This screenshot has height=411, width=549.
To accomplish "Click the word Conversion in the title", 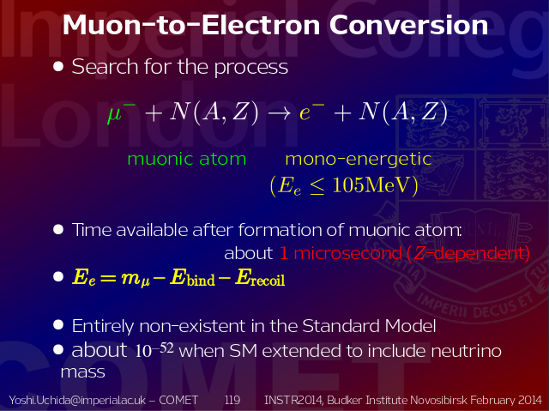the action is [408, 25].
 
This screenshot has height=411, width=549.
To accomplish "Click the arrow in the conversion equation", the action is [279, 112].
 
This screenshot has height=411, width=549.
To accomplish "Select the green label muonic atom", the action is [187, 159].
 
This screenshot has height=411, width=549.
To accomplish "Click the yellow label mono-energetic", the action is [359, 160].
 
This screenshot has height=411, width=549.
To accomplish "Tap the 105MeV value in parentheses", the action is [371, 184].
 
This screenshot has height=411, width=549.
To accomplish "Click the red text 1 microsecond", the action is [341, 253].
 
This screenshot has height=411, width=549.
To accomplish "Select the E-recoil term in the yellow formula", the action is [260, 278].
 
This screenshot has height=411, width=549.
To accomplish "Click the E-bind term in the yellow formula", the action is [192, 278].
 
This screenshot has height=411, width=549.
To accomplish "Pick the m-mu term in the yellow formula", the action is [136, 280].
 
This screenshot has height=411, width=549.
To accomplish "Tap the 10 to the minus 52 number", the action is [154, 350].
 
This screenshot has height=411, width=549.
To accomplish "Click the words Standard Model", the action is [369, 326].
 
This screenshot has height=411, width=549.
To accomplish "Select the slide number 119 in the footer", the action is [232, 400].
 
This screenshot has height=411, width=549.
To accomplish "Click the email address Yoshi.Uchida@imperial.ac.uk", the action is [77, 400].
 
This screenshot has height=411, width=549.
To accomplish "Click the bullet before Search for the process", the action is [58, 67].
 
